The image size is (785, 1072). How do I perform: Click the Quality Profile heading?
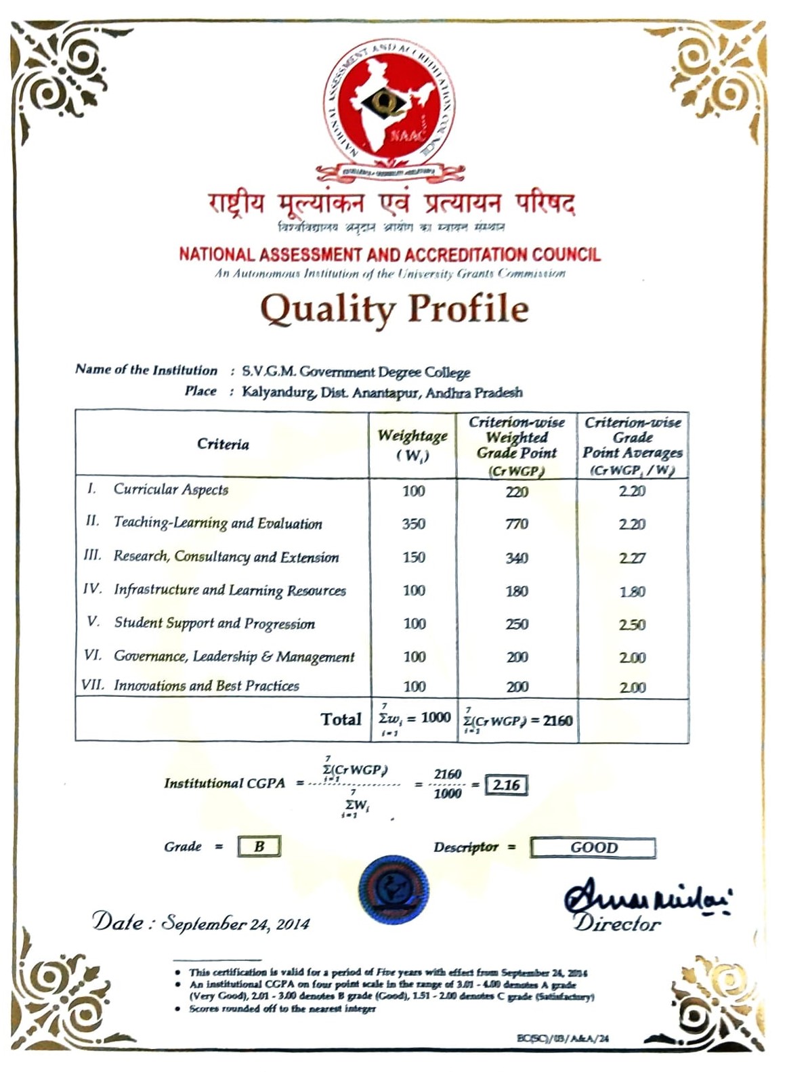[x=394, y=309]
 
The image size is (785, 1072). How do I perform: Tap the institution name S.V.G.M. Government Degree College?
[x=356, y=372]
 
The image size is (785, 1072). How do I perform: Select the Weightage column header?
[x=412, y=444]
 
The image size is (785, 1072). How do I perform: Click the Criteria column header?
[x=223, y=444]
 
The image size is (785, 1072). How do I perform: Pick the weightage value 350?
[x=414, y=523]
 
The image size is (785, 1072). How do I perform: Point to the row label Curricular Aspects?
[x=171, y=489]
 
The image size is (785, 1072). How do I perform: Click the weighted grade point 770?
[x=517, y=523]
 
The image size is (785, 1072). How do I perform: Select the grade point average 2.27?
[x=632, y=558]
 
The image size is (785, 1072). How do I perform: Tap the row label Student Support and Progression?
[x=214, y=623]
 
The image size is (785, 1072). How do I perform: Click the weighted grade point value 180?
[x=517, y=591]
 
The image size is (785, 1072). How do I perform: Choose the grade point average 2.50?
[x=632, y=624]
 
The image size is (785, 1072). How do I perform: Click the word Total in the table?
[x=341, y=719]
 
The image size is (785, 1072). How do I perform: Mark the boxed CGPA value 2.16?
[x=507, y=785]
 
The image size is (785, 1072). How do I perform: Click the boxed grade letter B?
[x=259, y=846]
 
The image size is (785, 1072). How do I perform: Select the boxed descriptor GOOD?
[x=593, y=848]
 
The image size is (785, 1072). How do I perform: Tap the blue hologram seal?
[x=394, y=890]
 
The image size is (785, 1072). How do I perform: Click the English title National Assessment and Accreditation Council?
[x=389, y=255]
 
